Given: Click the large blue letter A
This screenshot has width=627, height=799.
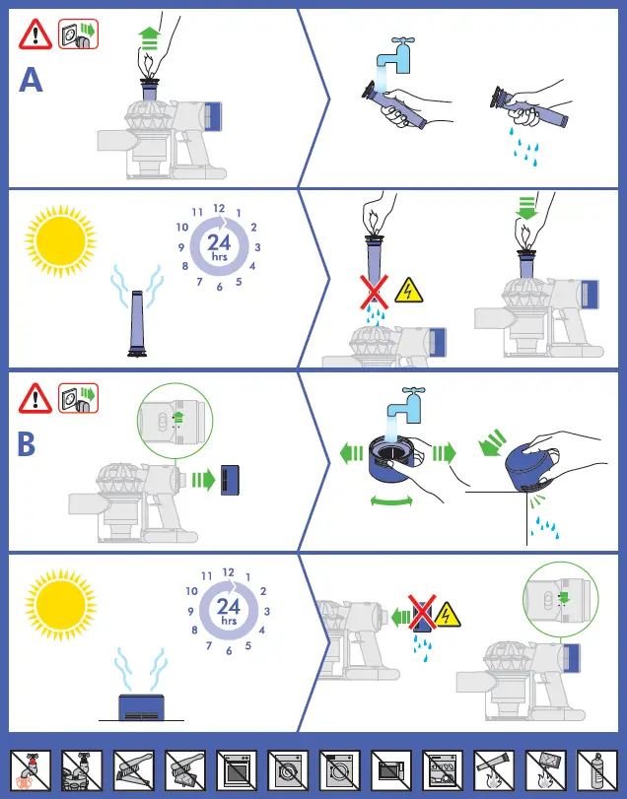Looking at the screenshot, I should (x=32, y=79).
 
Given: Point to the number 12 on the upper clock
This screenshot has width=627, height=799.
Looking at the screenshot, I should (x=219, y=209).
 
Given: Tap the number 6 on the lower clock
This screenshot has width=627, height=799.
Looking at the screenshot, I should (x=228, y=650).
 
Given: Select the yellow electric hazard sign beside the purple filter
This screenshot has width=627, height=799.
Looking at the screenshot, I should (x=408, y=289).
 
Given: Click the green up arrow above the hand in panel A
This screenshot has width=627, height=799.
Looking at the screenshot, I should (x=149, y=36).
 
